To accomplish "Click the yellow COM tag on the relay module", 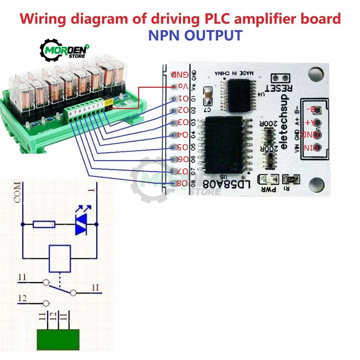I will (108, 102).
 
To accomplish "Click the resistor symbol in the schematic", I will (44, 224).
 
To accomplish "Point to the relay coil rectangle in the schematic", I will (59, 258).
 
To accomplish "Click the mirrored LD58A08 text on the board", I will (226, 185).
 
